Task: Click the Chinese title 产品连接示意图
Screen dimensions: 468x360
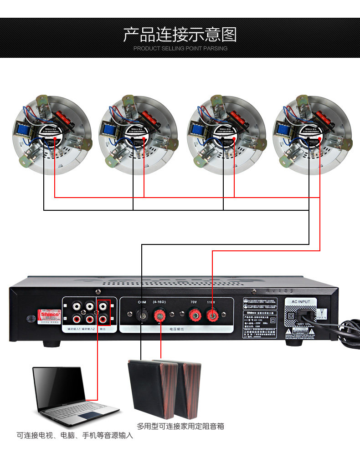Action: (180, 35)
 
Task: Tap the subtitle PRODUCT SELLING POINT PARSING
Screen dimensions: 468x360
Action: (180, 48)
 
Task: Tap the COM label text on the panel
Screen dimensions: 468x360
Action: (142, 302)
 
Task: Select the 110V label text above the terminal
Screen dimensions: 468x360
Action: (211, 302)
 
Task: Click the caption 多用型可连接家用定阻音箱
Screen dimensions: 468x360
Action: (180, 427)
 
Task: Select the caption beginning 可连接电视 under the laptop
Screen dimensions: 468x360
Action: (75, 436)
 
